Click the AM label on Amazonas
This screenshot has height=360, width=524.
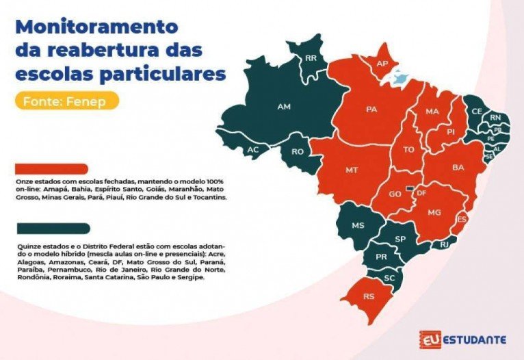pos(283,107)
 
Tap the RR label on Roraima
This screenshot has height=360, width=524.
pos(311,58)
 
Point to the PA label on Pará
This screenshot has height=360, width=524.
pos(372,109)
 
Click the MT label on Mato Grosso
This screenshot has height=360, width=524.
pos(352,169)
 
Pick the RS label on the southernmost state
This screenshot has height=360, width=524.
pos(368,296)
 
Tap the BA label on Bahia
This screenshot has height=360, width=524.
pos(458,167)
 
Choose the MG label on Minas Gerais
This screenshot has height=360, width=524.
pos(434,213)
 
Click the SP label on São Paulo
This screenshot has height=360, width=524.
pos(402,239)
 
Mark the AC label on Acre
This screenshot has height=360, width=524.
pos(253,149)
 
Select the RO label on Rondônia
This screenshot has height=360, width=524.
pos(298,152)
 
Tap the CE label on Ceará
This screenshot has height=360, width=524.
pos(477,111)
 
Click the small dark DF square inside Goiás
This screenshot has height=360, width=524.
pos(410,187)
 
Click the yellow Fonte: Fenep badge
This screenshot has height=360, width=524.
pos(66,101)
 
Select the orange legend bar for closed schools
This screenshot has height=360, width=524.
pos(51,168)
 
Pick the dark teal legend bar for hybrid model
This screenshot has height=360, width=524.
pos(51,228)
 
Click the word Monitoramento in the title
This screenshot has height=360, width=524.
pos(96,27)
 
